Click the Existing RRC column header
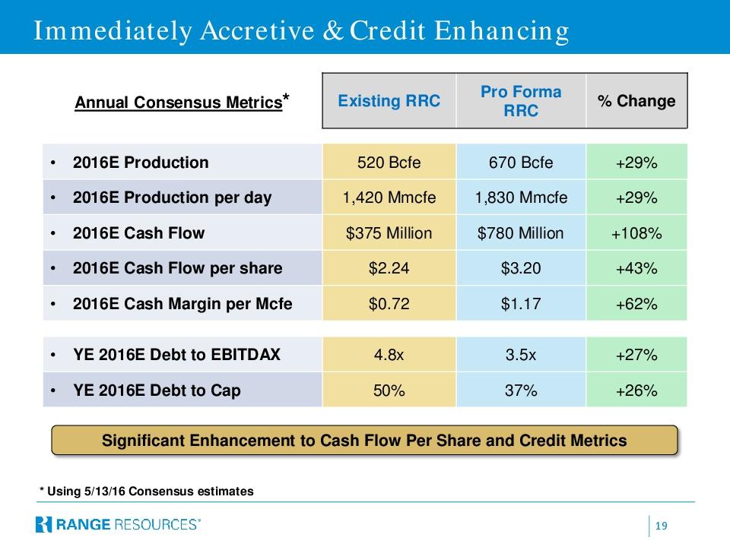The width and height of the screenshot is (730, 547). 389,101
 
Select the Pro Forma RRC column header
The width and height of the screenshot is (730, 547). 521,101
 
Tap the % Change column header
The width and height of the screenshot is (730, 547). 636,101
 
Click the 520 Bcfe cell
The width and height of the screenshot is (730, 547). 389,163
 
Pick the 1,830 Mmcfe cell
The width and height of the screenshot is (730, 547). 521,198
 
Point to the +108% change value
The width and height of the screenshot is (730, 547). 636,233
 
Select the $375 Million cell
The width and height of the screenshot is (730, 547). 389,233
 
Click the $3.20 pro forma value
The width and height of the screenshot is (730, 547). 521,268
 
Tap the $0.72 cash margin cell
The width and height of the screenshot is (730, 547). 389,304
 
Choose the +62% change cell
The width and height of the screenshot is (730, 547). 636,304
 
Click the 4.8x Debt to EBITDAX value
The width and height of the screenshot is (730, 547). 389,355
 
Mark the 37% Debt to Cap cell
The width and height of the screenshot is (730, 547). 521,390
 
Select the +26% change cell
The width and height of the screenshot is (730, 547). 636,390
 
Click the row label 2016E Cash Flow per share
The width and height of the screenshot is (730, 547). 177,268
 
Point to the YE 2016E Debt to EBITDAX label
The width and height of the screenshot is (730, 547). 176,355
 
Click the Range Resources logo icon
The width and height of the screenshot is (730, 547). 43,524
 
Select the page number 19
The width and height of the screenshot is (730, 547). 661,526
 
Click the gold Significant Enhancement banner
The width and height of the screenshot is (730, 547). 364,441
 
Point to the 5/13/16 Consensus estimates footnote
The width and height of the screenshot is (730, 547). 147,492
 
